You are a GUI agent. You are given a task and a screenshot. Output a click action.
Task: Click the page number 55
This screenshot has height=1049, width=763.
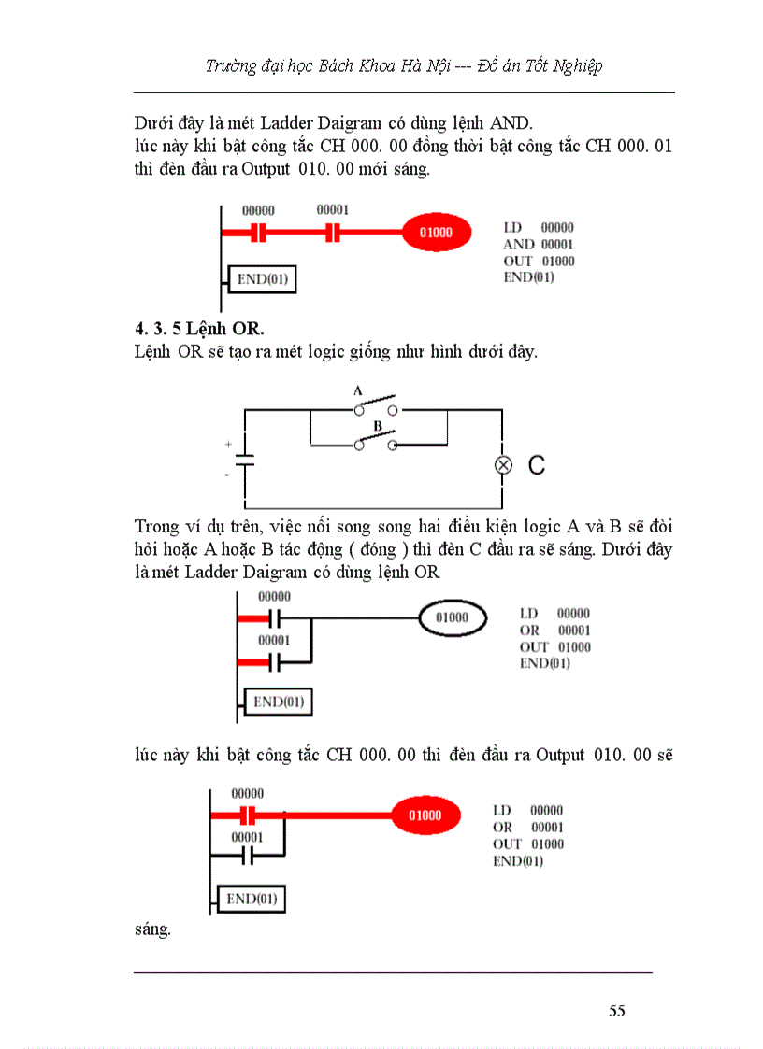click(x=616, y=1011)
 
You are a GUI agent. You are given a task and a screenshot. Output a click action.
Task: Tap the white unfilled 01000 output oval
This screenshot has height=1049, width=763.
click(x=452, y=617)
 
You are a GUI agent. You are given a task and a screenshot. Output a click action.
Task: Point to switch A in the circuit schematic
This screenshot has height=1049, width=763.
click(x=374, y=406)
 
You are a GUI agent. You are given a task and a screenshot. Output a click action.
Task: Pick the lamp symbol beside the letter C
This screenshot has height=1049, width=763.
click(x=503, y=465)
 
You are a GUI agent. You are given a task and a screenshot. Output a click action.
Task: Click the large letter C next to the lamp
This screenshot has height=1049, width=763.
click(x=536, y=465)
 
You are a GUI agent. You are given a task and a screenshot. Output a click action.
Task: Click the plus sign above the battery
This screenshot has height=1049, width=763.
click(x=227, y=446)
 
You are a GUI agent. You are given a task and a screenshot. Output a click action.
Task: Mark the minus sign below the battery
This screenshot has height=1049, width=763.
click(x=227, y=475)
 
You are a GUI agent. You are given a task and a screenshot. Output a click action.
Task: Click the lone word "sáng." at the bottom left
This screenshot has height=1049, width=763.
click(x=152, y=929)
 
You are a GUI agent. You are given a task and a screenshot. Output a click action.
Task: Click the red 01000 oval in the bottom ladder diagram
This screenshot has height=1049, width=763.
click(x=425, y=815)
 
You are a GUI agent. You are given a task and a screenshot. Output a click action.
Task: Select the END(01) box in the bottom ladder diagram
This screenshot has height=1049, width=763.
click(x=251, y=900)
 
